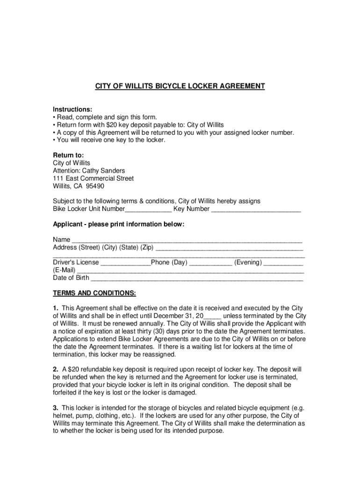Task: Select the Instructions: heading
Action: click(x=72, y=109)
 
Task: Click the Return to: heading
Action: click(x=68, y=155)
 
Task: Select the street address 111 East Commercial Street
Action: click(x=93, y=178)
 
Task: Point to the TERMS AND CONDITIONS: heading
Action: click(x=94, y=293)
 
